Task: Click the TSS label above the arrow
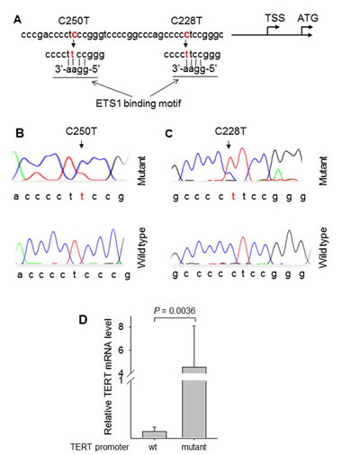274,18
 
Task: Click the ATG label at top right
308,18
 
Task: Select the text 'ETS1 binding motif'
139,103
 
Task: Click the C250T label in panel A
74,21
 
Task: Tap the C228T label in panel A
186,21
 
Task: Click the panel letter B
20,133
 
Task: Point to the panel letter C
169,133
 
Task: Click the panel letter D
83,320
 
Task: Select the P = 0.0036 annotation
175,311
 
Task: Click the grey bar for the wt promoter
154,435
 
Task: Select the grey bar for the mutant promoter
194,403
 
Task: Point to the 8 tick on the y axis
121,326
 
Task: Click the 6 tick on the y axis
121,350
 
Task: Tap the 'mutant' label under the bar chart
193,447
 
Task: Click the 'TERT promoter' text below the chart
99,447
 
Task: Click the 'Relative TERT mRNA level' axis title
108,377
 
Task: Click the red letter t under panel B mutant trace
82,197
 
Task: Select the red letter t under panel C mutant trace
233,197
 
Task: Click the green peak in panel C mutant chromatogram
279,174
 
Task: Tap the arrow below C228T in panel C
229,145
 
